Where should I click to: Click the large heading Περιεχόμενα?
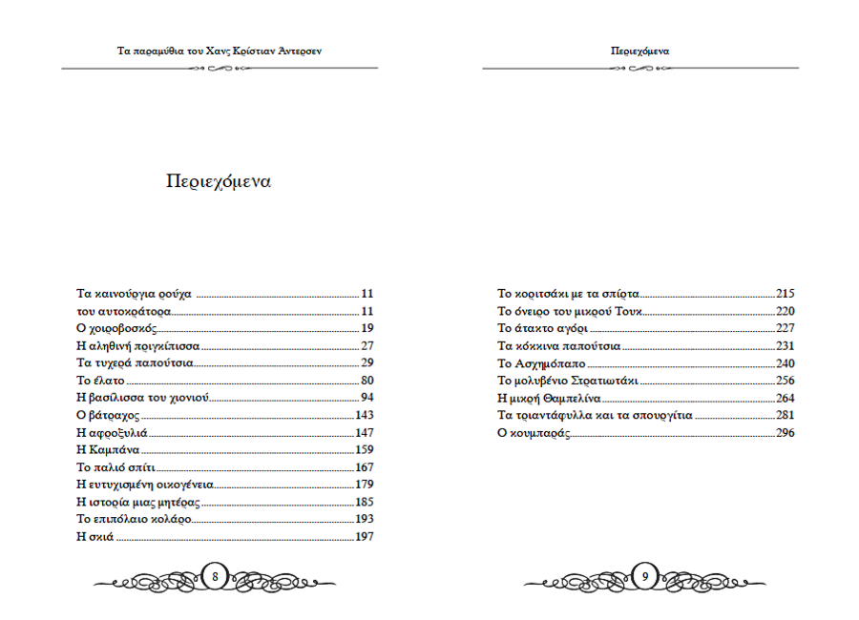point(218,182)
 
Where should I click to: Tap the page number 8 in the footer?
point(215,576)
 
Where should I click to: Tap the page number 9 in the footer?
point(646,576)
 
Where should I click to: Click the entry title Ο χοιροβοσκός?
point(116,329)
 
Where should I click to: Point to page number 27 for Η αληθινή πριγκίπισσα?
point(367,346)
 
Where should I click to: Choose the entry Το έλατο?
point(98,381)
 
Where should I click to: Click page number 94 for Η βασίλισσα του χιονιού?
point(367,398)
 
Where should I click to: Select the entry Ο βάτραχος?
point(108,415)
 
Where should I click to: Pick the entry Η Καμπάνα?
point(108,450)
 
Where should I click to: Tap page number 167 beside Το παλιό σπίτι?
point(364,467)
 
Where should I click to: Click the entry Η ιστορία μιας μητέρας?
point(138,502)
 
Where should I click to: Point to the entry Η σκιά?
point(94,537)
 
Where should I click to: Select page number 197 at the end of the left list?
point(364,537)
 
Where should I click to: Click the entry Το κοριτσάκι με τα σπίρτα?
point(569,294)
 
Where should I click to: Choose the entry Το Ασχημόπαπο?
point(541,363)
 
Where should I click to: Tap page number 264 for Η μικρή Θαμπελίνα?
point(786,398)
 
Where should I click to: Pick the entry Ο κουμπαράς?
point(534,432)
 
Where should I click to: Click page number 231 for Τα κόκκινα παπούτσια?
point(786,346)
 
